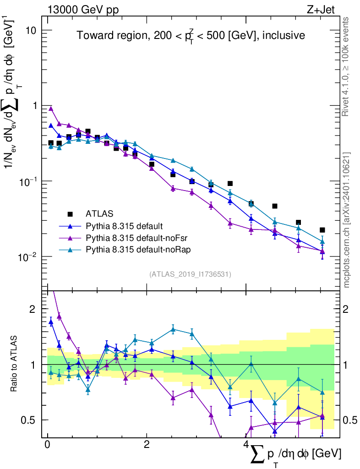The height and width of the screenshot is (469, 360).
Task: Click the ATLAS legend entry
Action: pos(98,213)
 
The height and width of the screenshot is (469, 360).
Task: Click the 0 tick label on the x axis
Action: pos(47,445)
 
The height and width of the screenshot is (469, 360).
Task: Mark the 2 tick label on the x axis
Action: pos(146,445)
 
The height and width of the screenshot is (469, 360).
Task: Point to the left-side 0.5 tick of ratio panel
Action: pos(33,420)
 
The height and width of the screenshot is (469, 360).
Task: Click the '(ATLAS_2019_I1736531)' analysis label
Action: pos(190,274)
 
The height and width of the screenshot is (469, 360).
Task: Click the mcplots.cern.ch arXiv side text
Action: pos(346,220)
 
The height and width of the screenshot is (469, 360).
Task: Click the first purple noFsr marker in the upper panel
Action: pos(51,109)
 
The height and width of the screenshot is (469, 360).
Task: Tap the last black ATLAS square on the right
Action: pos(322,230)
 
